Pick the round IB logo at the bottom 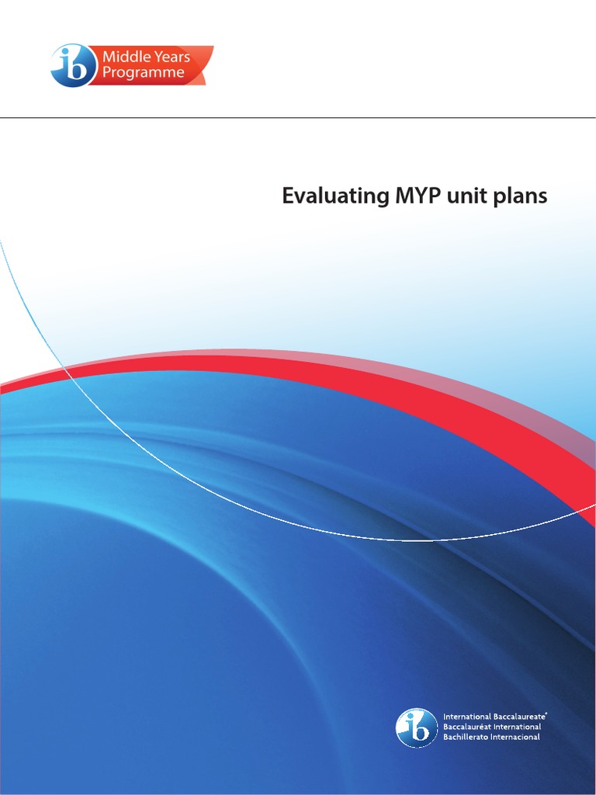417,727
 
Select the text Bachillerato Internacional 491,737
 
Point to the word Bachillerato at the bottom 466,737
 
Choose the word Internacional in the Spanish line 516,737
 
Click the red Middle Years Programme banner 151,65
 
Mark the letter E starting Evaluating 288,197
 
